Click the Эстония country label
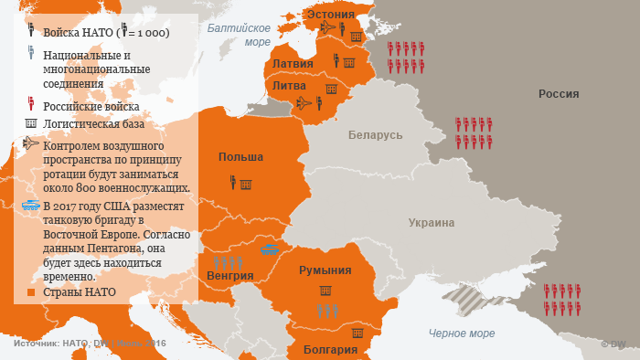tap(330, 15)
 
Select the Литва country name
tap(289, 85)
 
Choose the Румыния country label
tap(325, 270)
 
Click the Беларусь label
tap(375, 134)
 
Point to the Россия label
tap(559, 93)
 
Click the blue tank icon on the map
tap(271, 247)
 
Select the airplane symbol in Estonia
tap(328, 28)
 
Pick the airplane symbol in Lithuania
tap(304, 102)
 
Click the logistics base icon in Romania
tap(325, 290)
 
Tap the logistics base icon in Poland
tap(245, 185)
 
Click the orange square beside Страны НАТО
tap(31, 293)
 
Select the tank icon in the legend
tap(31, 206)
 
